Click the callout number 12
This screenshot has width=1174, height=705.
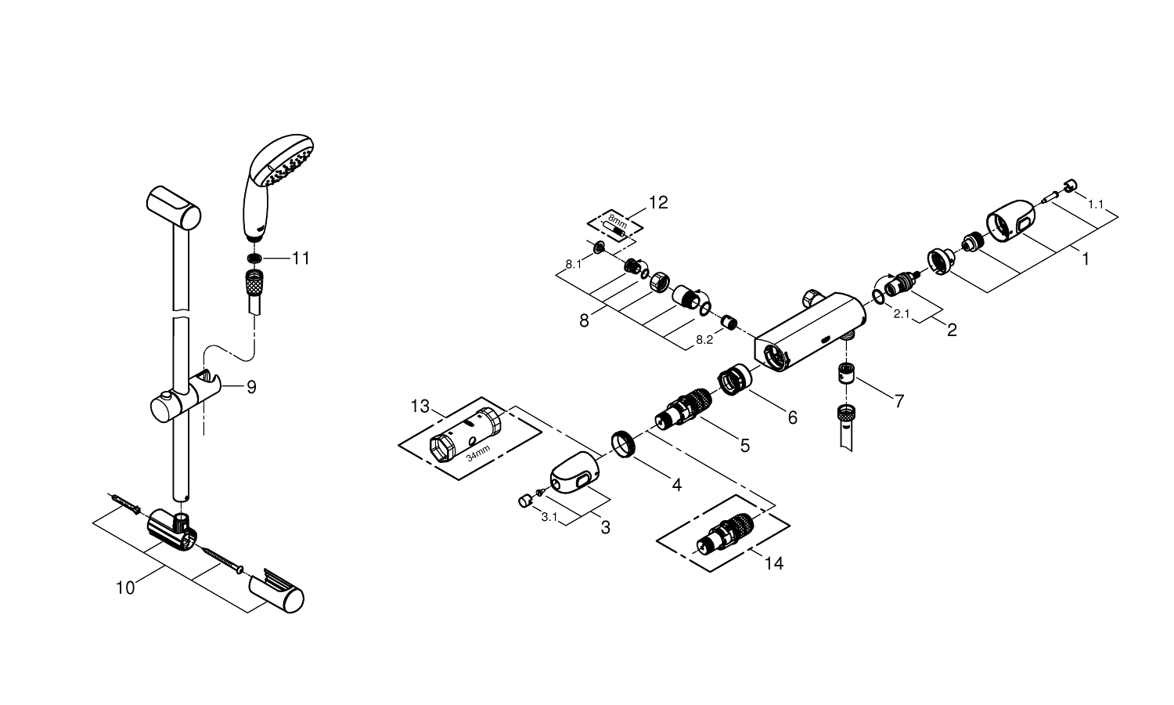pos(658,202)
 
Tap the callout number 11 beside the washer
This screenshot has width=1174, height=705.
pos(301,258)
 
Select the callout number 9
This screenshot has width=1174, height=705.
pos(251,387)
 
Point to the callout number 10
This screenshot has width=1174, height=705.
pos(125,588)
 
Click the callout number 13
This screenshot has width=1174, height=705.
pos(420,406)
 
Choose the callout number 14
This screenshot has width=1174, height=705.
pos(773,563)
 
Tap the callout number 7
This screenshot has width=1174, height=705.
pos(899,401)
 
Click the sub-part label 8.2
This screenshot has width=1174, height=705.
pos(704,340)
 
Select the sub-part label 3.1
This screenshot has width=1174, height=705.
pos(549,517)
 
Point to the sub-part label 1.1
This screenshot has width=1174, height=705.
pos(1096,204)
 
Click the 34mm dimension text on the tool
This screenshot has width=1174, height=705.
pos(478,452)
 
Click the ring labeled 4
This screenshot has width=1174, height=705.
pos(623,444)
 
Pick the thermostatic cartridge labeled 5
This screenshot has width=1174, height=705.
pos(683,410)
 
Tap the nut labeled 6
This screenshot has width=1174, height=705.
pos(734,379)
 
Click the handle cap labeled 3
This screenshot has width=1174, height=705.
pos(575,472)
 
